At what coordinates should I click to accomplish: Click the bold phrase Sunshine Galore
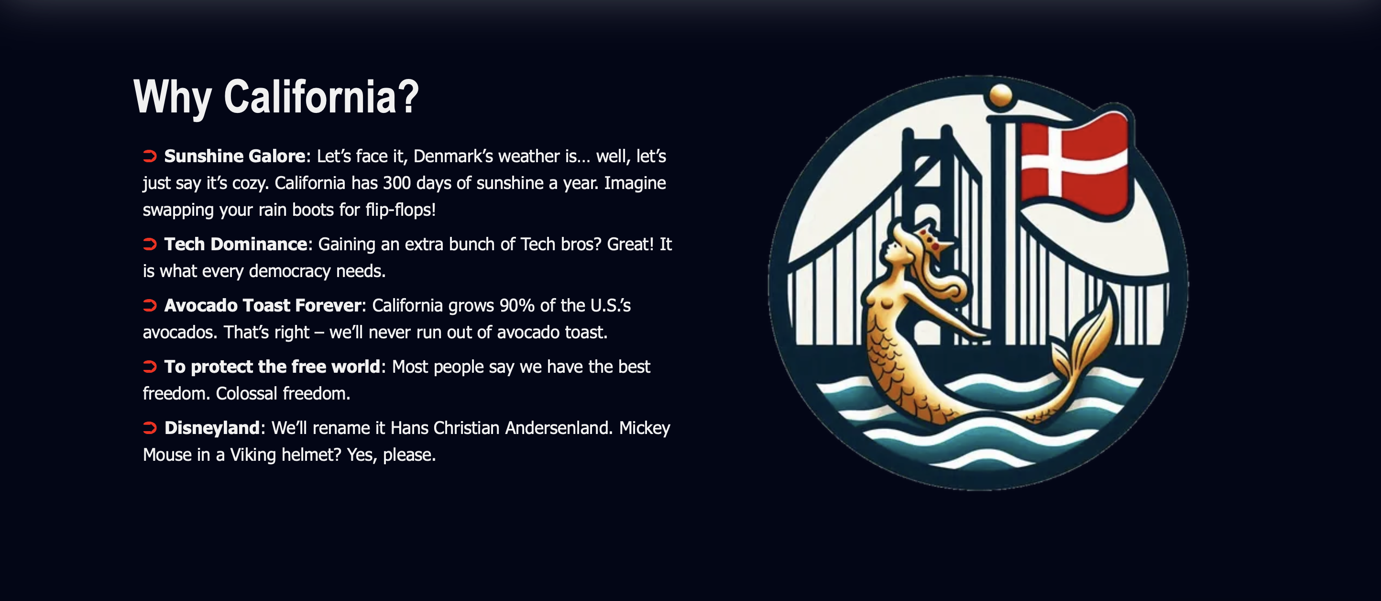pos(235,156)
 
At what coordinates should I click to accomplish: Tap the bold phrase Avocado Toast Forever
pos(263,305)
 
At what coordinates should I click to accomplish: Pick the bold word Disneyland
pos(212,428)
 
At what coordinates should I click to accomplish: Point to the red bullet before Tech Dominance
pos(150,245)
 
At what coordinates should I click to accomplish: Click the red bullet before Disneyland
pos(150,428)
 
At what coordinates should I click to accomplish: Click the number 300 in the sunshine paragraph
pos(397,183)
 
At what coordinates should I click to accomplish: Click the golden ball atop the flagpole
pos(1000,96)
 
